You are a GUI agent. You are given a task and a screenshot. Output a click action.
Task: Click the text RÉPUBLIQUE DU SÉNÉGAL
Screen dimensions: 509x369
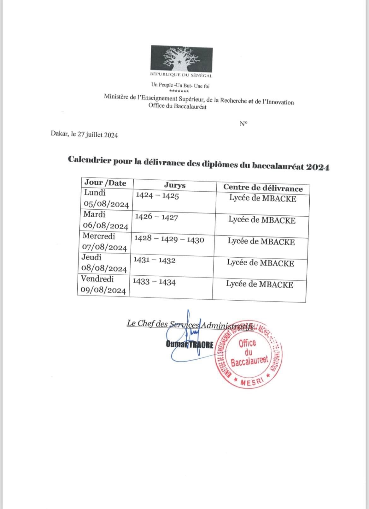[x=181, y=75]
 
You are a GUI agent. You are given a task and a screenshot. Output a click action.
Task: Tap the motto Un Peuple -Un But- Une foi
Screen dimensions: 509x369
[x=180, y=86]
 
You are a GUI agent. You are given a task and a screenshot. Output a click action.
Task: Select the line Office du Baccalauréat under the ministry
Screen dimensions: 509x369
[x=178, y=106]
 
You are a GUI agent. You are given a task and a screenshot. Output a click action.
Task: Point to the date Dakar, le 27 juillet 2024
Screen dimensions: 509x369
[x=84, y=135]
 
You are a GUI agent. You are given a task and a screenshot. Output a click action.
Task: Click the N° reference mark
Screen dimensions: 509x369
[x=243, y=124]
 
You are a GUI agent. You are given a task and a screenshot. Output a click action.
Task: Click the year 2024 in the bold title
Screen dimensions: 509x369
[x=317, y=167]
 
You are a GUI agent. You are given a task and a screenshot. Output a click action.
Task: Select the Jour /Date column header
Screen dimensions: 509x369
[x=105, y=183]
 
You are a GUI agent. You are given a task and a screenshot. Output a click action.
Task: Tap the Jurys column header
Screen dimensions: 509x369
[x=174, y=185]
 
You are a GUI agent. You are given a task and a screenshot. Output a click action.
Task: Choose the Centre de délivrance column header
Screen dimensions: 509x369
[x=263, y=188]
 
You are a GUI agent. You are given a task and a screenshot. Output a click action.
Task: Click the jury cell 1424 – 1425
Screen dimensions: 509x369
[x=157, y=196]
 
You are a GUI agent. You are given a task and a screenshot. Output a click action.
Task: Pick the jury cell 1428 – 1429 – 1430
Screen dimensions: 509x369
[x=169, y=239]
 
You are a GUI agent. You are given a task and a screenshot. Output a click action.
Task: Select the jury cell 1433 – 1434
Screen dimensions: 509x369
[x=154, y=282]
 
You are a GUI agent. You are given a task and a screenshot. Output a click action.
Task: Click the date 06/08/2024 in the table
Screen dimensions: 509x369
[x=105, y=226]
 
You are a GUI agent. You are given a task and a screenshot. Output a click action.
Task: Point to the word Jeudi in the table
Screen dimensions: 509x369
[x=91, y=257]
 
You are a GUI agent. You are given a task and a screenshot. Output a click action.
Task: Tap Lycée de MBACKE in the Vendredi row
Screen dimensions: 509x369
[x=260, y=284]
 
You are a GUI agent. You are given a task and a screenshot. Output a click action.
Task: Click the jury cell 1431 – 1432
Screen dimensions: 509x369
[x=154, y=260]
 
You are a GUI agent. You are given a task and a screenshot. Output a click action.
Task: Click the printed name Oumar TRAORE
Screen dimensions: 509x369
[x=190, y=344]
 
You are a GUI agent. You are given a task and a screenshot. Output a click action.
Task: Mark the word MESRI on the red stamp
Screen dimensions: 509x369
[x=252, y=381]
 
